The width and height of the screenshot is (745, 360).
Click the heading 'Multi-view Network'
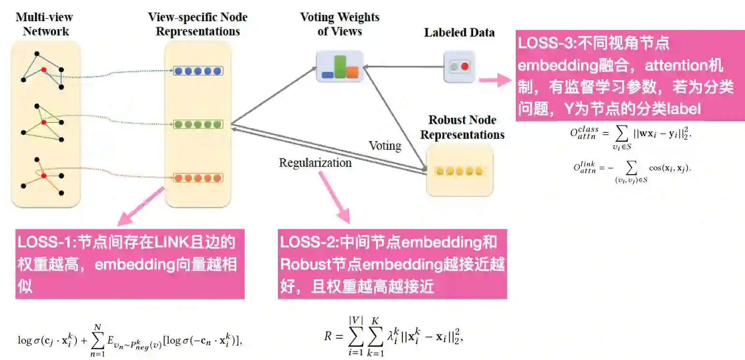pyautogui.click(x=44, y=25)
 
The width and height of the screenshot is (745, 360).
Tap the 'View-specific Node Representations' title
pyautogui.click(x=197, y=25)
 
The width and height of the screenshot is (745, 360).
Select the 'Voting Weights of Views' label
pyautogui.click(x=339, y=25)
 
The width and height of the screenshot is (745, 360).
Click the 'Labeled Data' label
pyautogui.click(x=459, y=33)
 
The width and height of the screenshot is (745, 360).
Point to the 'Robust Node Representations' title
pyautogui.click(x=462, y=128)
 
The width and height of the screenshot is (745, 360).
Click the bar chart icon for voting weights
pyautogui.click(x=339, y=67)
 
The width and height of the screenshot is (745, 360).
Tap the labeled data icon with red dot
pyautogui.click(x=459, y=67)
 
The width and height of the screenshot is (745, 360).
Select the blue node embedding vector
pyautogui.click(x=198, y=71)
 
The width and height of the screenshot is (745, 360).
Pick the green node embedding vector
pyautogui.click(x=198, y=124)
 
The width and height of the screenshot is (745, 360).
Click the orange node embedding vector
pyautogui.click(x=198, y=177)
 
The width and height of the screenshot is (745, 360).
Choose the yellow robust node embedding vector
pyautogui.click(x=458, y=171)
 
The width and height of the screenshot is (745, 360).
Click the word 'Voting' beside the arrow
pyautogui.click(x=385, y=145)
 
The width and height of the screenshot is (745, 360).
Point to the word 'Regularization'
pyautogui.click(x=315, y=163)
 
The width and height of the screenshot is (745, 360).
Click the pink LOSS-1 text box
pyautogui.click(x=130, y=264)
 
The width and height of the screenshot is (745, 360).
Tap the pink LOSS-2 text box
pyautogui.click(x=392, y=264)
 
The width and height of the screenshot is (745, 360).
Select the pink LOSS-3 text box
pyautogui.click(x=630, y=76)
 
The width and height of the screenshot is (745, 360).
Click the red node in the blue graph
pyautogui.click(x=44, y=70)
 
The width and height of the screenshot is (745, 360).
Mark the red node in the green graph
pyautogui.click(x=44, y=123)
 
